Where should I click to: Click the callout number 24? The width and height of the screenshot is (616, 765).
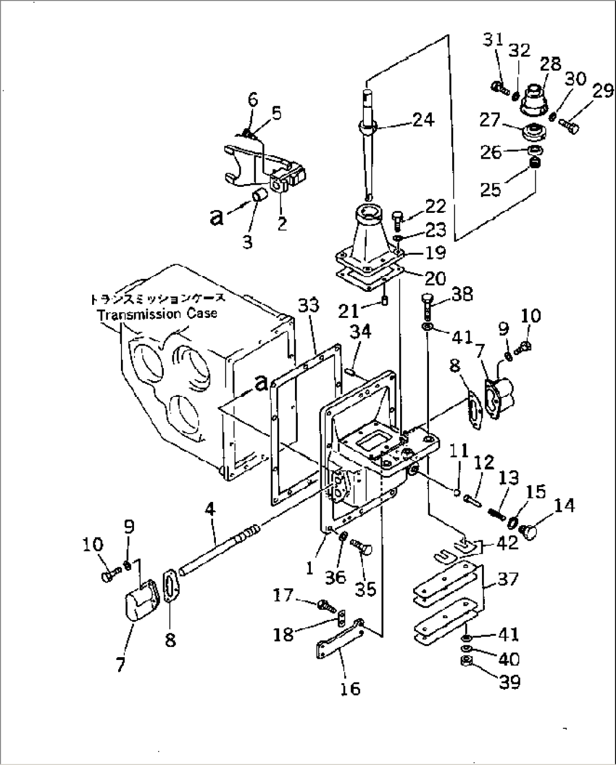[423, 120]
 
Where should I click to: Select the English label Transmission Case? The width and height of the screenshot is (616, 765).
[157, 314]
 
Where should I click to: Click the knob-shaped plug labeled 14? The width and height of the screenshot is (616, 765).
[531, 531]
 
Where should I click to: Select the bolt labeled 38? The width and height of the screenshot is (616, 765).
[428, 305]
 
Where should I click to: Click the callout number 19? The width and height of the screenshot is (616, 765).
[435, 252]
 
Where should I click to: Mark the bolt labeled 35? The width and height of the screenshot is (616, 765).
[362, 546]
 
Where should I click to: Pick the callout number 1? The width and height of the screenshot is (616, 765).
[309, 568]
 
